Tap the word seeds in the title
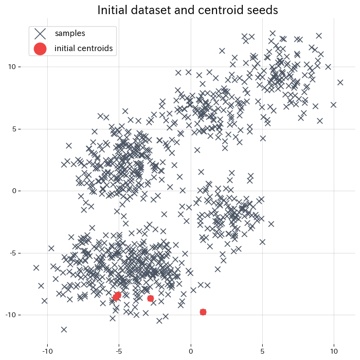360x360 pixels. point(262,10)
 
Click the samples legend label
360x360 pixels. point(70,33)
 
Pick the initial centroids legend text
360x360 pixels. point(84,48)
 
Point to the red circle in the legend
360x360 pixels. point(40,48)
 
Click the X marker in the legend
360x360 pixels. point(40,33)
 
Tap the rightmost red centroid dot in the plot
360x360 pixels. point(203,312)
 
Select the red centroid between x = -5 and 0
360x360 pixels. point(150,298)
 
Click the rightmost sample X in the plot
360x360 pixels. point(340,82)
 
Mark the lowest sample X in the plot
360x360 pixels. point(64,329)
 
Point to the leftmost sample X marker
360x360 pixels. point(36,268)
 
